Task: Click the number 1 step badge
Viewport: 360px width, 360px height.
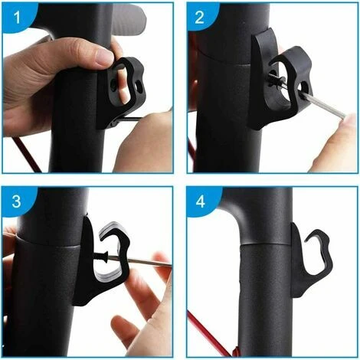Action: tap(17, 18)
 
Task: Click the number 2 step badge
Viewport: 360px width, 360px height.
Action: tap(200, 17)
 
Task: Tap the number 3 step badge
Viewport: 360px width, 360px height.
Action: tap(17, 201)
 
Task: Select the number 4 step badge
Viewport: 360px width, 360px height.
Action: tap(201, 201)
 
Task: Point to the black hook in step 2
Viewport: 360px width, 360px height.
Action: tap(278, 82)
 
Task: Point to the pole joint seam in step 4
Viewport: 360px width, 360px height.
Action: tap(266, 244)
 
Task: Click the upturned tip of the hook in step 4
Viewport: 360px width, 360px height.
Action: tap(306, 239)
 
